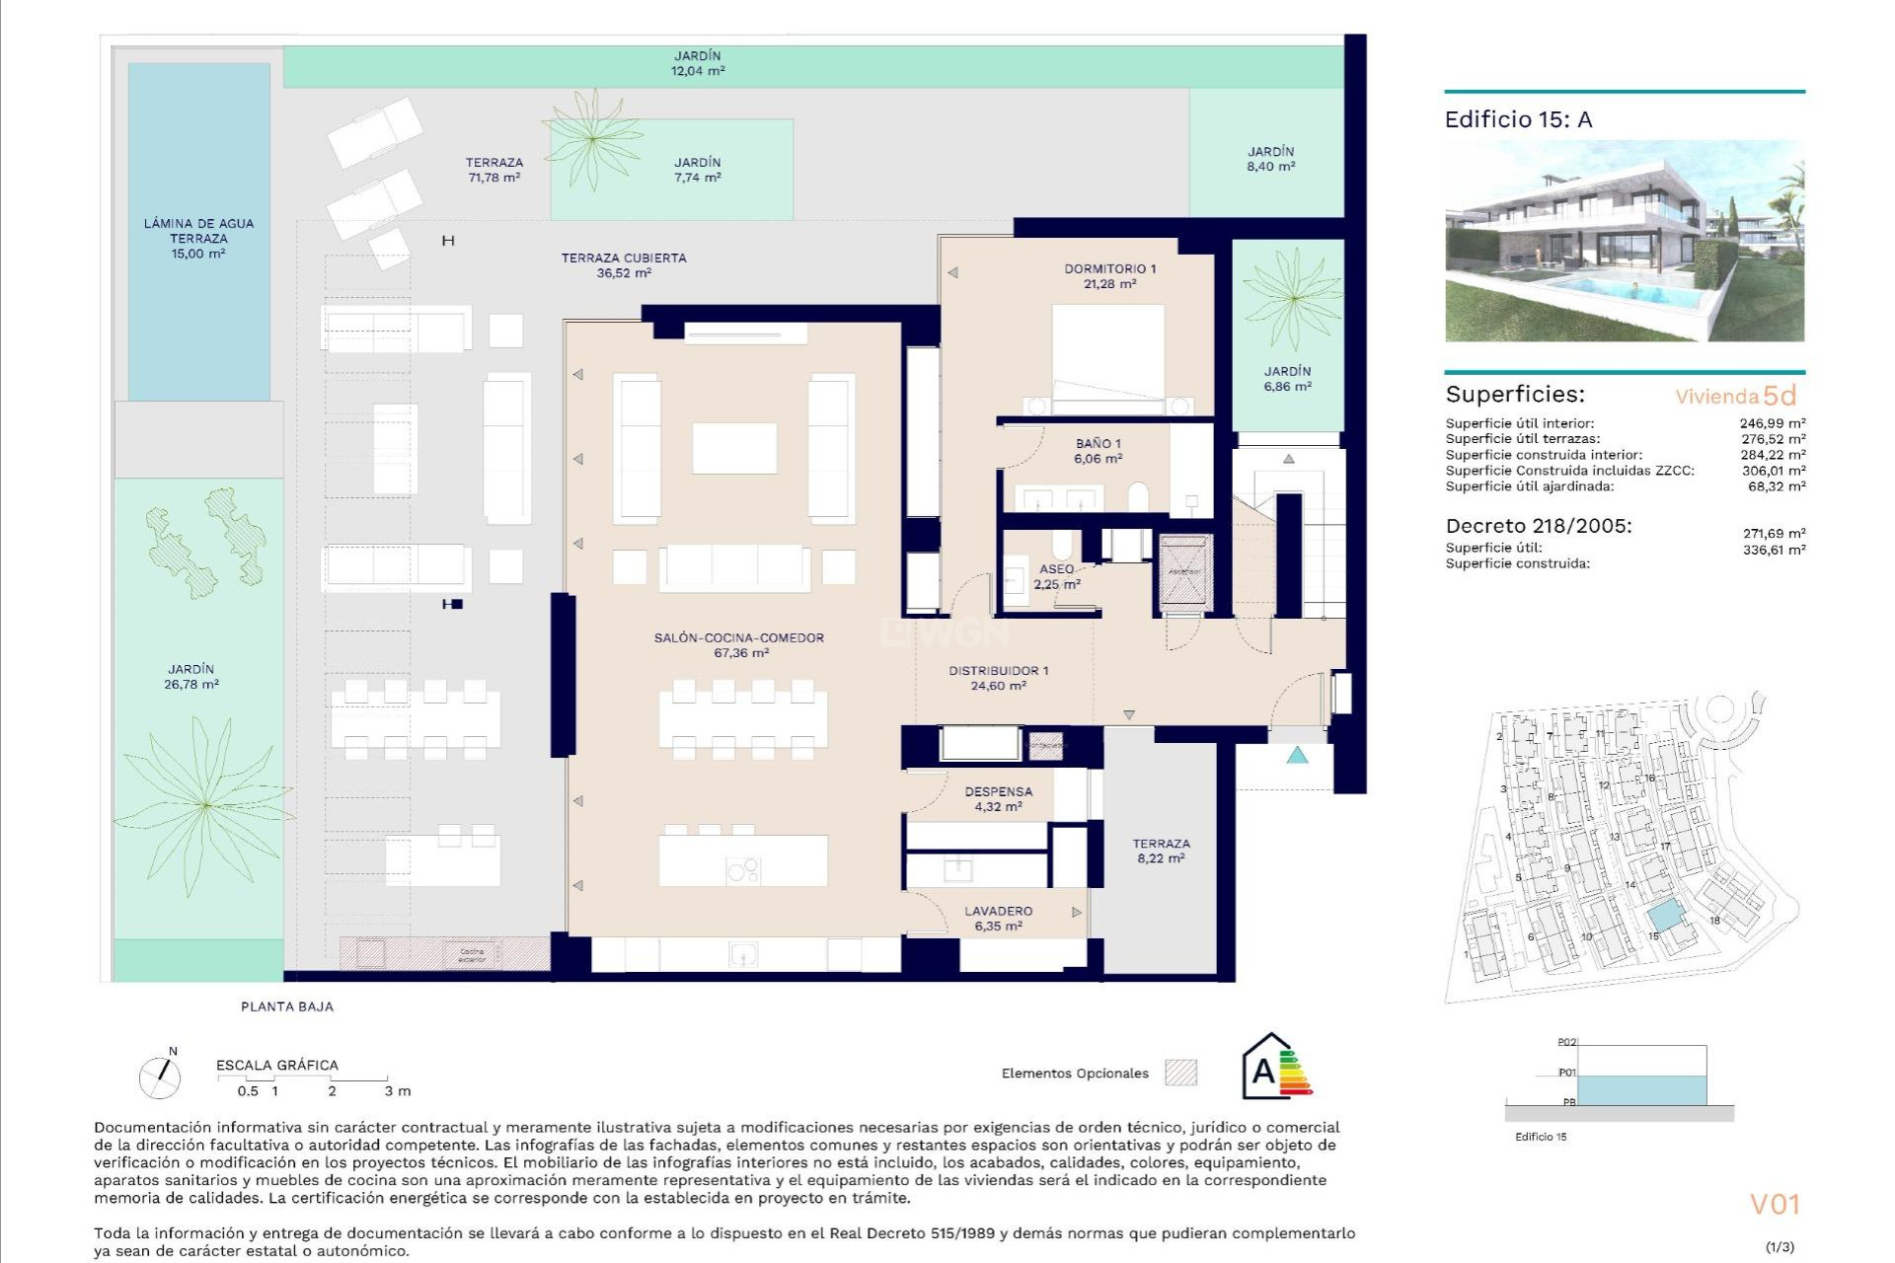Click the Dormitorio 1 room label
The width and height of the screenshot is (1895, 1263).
(x=1109, y=268)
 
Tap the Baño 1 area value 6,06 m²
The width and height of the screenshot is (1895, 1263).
(x=1098, y=459)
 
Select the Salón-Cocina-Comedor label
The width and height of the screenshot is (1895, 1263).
(x=738, y=637)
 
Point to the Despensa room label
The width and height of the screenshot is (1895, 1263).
(x=998, y=791)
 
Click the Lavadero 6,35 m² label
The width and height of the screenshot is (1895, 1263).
(x=998, y=919)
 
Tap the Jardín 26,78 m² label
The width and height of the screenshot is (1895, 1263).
(x=190, y=677)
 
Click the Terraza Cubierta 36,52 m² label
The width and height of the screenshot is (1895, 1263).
(x=623, y=265)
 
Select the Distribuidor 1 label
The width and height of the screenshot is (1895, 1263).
(x=998, y=670)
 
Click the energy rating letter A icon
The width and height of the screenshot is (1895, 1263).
(x=1264, y=1070)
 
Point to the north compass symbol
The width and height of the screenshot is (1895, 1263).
(x=160, y=1075)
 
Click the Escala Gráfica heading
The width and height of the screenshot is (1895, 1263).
(x=277, y=1065)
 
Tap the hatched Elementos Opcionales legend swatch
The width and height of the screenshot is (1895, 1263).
(x=1180, y=1073)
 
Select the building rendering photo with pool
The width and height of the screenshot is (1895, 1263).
(x=1624, y=242)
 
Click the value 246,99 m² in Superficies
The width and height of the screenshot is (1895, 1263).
(x=1772, y=423)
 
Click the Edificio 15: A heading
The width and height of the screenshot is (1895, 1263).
(x=1518, y=119)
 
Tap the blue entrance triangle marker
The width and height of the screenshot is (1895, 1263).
(x=1297, y=756)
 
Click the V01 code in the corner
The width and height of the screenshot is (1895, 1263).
(x=1775, y=1204)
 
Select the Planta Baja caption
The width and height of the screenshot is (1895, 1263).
(x=287, y=1006)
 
